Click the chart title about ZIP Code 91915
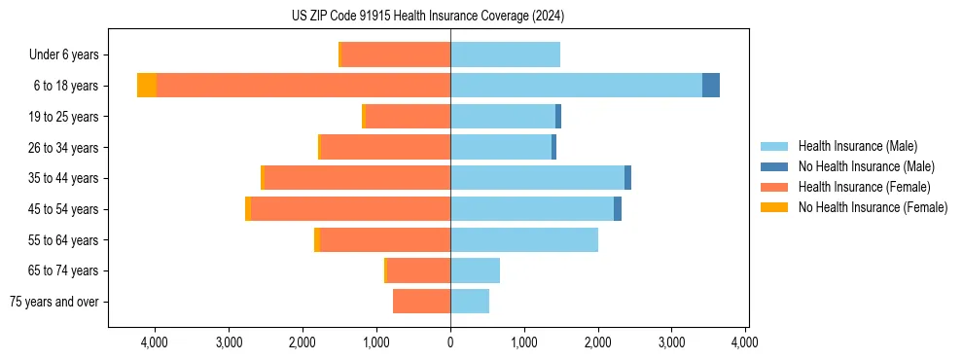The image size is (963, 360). (x=427, y=16)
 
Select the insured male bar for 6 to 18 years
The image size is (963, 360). (x=576, y=86)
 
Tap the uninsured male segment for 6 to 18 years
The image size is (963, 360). (x=711, y=86)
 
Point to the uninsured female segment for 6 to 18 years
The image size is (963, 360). (x=147, y=86)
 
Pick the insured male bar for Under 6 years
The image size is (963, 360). (x=505, y=54)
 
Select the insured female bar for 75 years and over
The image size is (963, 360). (x=421, y=302)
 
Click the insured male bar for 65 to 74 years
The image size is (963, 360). (x=475, y=270)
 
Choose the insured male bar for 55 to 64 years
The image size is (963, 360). (x=524, y=239)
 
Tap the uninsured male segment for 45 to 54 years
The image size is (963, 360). (x=618, y=209)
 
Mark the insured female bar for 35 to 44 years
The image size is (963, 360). (x=357, y=178)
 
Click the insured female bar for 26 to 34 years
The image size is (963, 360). (x=385, y=147)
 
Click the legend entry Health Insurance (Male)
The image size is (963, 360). (x=857, y=146)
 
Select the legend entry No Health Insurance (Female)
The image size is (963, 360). (x=873, y=207)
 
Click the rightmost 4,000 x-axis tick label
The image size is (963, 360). (x=745, y=342)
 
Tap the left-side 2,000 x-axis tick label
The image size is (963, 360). (x=303, y=342)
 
